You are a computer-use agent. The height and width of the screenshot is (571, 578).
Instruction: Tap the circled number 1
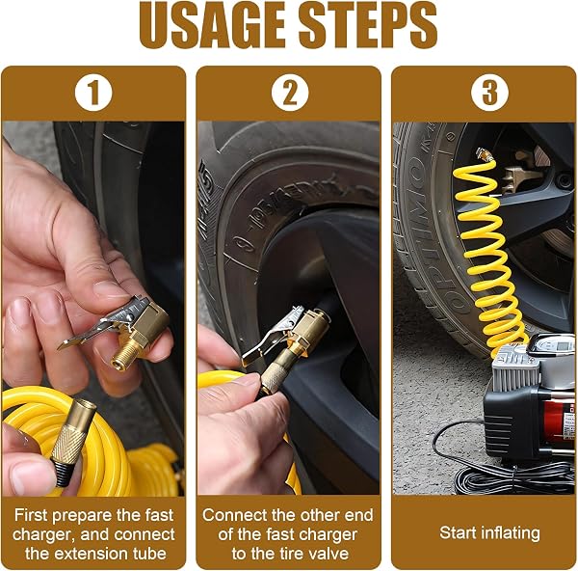93,93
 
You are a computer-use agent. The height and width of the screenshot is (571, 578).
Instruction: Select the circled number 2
290,93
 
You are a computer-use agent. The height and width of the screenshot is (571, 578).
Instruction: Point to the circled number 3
489,93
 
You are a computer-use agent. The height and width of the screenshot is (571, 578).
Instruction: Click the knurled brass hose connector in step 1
73,439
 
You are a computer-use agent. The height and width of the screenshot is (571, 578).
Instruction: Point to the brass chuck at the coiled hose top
485,154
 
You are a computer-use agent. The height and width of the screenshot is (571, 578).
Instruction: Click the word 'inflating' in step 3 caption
511,533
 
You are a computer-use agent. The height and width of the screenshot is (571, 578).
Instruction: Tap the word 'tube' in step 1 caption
149,554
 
